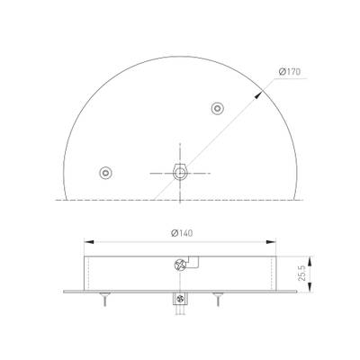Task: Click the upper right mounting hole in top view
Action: (x=217, y=109)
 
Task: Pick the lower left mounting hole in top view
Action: (x=107, y=171)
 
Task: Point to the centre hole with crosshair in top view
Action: (x=180, y=170)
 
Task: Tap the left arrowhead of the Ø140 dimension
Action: (x=86, y=242)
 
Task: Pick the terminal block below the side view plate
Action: (x=180, y=300)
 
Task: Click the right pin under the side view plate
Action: (x=217, y=299)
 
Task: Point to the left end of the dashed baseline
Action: (x=56, y=196)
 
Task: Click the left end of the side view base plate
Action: (x=66, y=292)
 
